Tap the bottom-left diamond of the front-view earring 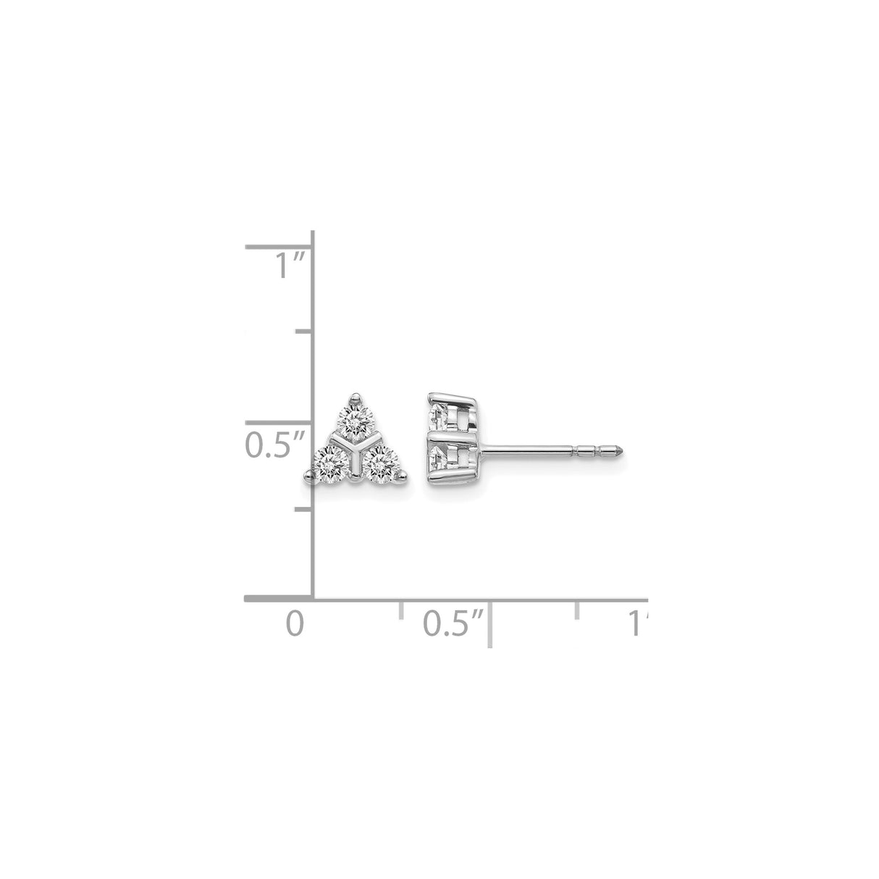pyautogui.click(x=332, y=460)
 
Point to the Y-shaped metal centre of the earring pyautogui.click(x=355, y=449)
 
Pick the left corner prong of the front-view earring pyautogui.click(x=309, y=476)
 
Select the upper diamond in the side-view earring pyautogui.click(x=440, y=416)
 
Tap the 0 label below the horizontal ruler pyautogui.click(x=293, y=623)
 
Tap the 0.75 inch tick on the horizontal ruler pyautogui.click(x=577, y=608)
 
